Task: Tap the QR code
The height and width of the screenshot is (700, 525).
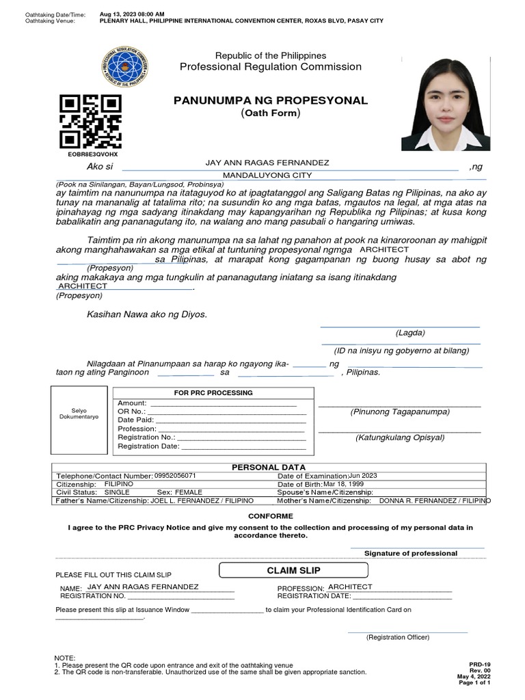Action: coord(91,121)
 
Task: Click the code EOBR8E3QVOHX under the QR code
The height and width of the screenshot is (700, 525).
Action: coord(89,154)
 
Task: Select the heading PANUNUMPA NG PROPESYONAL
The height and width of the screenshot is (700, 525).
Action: coord(271,100)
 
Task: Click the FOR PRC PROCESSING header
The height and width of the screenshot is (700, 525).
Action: coord(213,393)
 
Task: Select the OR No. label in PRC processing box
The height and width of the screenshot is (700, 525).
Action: coord(132,412)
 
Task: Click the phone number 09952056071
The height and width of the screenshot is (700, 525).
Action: coord(175,475)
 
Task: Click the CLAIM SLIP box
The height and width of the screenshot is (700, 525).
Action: coord(293,570)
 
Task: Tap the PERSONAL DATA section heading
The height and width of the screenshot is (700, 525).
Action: coord(262,467)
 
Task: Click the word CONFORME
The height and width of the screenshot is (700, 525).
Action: coord(262,516)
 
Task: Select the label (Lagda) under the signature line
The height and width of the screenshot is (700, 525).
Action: coord(409,333)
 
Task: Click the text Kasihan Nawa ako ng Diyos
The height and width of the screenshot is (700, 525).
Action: coord(146,314)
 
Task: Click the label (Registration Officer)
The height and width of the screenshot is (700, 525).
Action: coord(397,637)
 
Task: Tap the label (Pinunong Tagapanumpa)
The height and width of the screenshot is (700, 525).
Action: coord(399,412)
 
